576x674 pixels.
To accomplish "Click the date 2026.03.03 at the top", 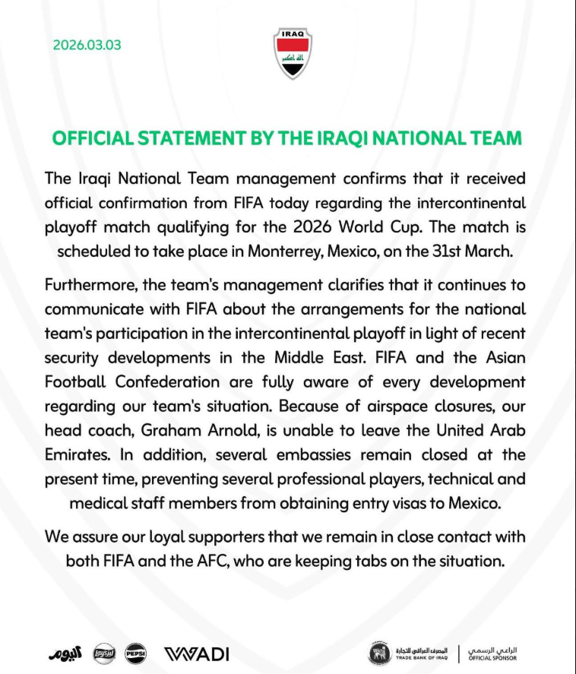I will coord(87,45).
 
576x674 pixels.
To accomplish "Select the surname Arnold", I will coord(237,429).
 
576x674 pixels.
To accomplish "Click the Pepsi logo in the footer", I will coord(135,653).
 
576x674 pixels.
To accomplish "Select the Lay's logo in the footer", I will coord(103,653).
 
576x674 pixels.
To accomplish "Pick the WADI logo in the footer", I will coord(197,653).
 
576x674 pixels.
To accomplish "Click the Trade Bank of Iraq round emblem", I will coord(379,653).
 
